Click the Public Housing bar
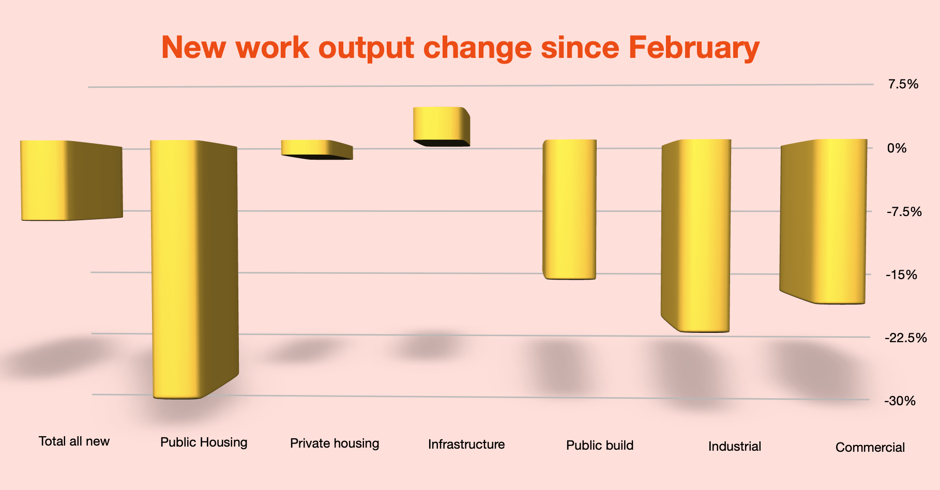194,269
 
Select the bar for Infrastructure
441,127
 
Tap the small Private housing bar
316,149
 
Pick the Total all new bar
71,180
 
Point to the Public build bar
569,209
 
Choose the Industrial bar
696,235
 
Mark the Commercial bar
824,221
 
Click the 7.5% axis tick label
903,84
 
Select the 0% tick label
897,148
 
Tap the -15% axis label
901,274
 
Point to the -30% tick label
900,401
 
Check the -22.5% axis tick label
906,338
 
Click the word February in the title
694,48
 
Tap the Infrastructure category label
466,444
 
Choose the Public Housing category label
204,442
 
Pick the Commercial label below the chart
870,447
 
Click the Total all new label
74,441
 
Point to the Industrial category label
735,446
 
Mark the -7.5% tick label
904,211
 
